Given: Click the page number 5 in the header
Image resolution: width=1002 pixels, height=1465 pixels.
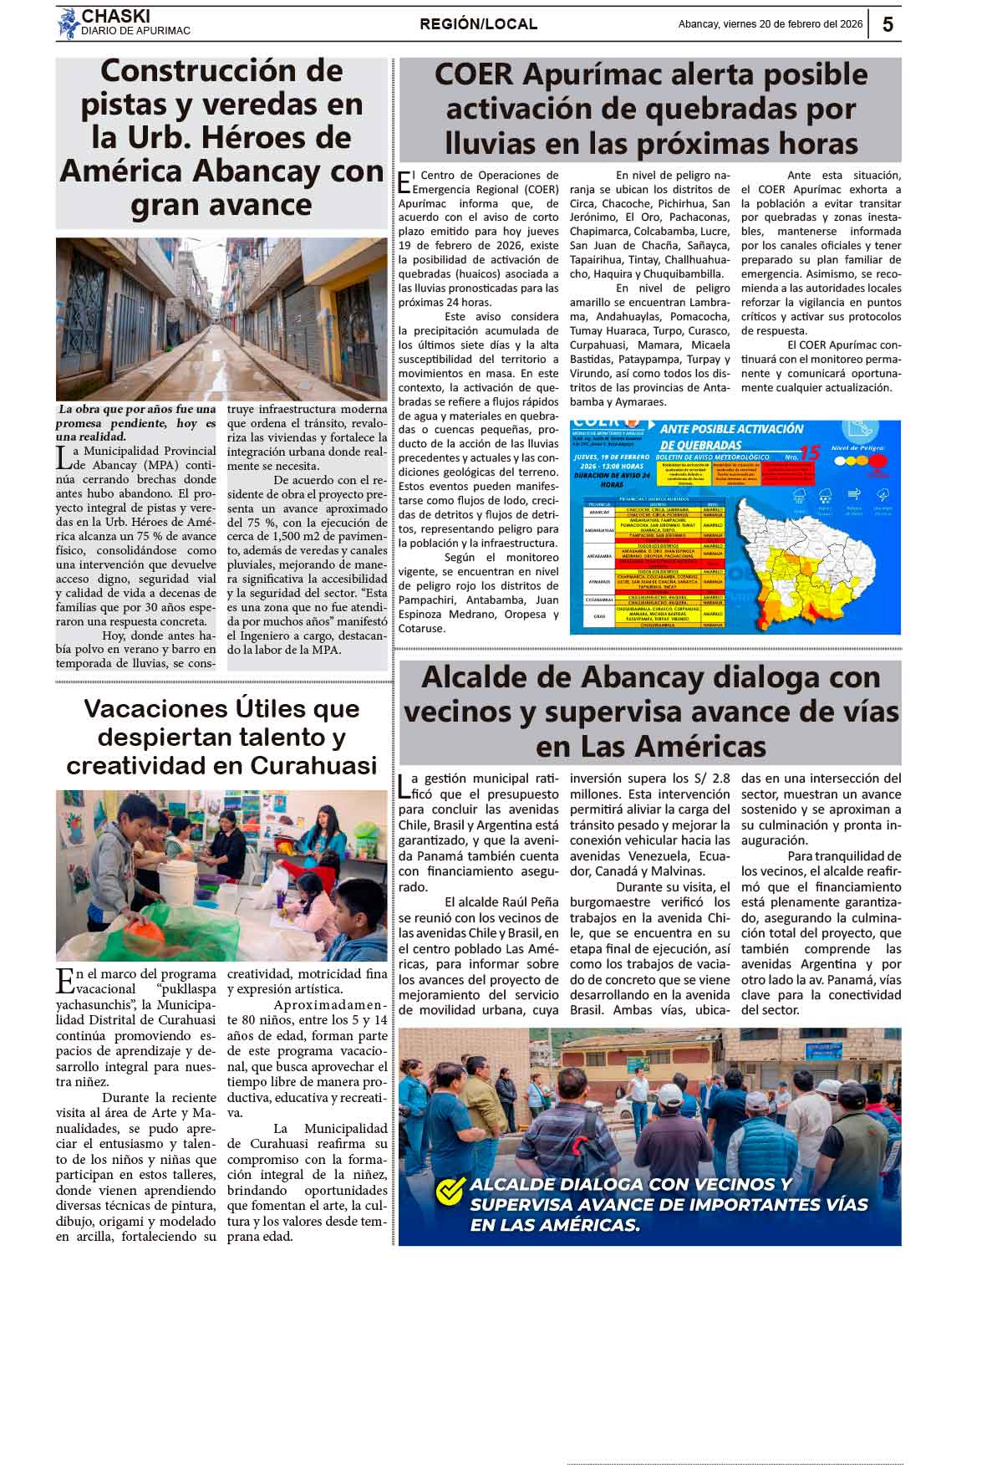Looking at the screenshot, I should tap(887, 25).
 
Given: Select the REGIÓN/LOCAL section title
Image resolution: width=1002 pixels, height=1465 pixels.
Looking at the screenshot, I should tap(478, 24).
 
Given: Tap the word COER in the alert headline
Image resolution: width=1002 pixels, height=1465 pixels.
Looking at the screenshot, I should tap(474, 75).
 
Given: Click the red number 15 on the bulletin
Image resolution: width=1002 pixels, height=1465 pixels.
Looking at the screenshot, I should tap(809, 452).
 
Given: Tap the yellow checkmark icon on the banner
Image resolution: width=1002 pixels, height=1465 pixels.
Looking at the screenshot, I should tap(450, 1190).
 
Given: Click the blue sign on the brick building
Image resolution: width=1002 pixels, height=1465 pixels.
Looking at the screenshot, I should tap(822, 1051).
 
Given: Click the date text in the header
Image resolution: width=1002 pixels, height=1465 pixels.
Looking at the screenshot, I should tap(770, 24).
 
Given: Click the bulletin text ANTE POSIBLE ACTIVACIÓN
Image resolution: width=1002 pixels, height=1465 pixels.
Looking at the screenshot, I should tap(731, 429).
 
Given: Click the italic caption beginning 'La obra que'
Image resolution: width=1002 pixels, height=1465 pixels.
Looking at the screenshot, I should tap(136, 422).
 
